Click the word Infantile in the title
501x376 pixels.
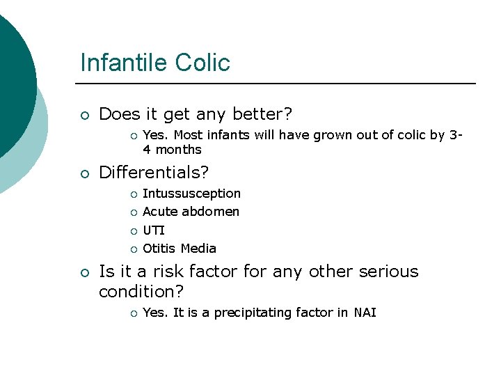click(122, 63)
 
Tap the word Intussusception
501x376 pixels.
click(191, 194)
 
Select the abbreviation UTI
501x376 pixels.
click(153, 230)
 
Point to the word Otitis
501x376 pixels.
click(159, 249)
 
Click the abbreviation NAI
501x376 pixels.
click(365, 313)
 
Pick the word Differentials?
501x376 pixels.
click(154, 171)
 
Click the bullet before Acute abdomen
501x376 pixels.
click(132, 212)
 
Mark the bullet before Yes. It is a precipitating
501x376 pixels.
click(132, 313)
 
